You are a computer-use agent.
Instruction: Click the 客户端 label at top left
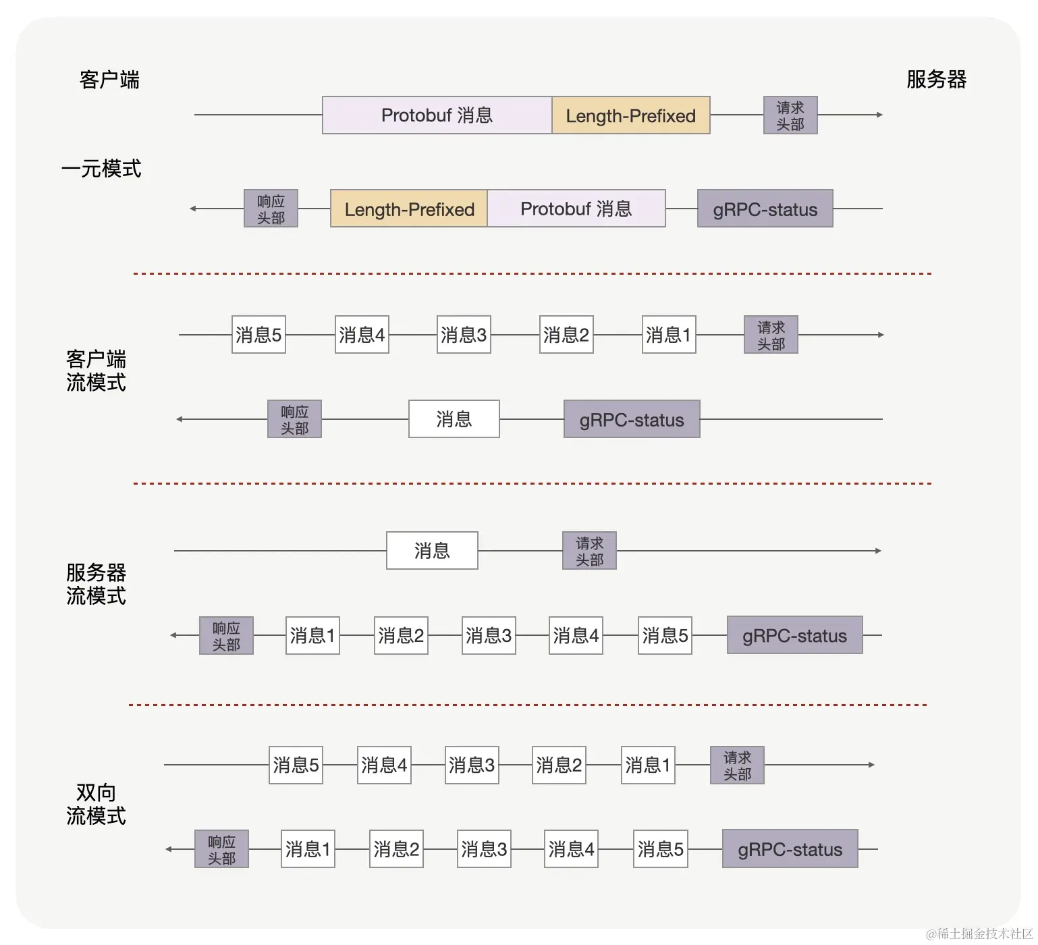[x=109, y=80]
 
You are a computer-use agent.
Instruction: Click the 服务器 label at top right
[x=935, y=80]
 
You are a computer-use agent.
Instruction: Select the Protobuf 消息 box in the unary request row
[x=437, y=115]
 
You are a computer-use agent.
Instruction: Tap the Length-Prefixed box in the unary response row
[x=409, y=209]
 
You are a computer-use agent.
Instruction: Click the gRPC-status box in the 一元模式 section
[x=765, y=209]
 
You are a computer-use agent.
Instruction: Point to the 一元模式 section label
[x=101, y=168]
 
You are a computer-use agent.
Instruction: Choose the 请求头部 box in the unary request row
[x=790, y=115]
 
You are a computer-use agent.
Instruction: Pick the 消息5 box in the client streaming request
[x=258, y=335]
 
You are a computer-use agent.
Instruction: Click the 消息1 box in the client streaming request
[x=668, y=335]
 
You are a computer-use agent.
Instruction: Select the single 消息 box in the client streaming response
[x=454, y=419]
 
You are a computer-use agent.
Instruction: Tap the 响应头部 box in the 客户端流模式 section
[x=294, y=419]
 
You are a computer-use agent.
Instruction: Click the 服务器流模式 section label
[x=96, y=584]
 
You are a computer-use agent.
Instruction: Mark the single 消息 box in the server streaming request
[x=432, y=551]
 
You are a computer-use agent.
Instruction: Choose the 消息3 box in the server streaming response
[x=489, y=635]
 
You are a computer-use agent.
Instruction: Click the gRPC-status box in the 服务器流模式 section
[x=794, y=635]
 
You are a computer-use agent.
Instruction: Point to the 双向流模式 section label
[x=96, y=804]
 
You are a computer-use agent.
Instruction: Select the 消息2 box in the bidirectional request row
[x=559, y=765]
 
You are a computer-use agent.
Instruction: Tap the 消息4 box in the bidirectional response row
[x=571, y=849]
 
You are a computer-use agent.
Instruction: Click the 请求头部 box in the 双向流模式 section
[x=737, y=765]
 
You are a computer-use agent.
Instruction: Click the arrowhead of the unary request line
[x=879, y=115]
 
